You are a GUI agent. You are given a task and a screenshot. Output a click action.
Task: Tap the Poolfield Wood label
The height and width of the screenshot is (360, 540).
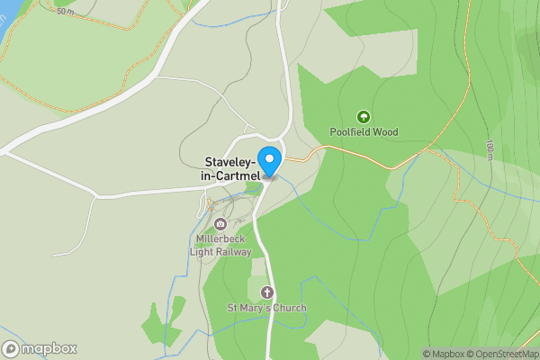pos(364,132)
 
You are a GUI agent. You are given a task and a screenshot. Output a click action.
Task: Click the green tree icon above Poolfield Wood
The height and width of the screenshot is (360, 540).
pos(364,117)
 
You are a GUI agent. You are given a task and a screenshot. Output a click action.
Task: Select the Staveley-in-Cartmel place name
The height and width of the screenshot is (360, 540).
pos(230,168)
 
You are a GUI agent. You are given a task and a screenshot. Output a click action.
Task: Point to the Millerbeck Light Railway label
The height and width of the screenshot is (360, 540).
pos(220,245)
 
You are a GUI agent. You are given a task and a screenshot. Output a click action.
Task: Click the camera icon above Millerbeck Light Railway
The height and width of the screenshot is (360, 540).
pos(220,224)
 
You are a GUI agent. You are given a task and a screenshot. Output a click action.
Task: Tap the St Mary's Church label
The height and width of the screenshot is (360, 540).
pos(266,308)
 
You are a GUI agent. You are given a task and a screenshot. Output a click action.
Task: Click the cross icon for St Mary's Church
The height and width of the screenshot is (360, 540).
pos(266,292)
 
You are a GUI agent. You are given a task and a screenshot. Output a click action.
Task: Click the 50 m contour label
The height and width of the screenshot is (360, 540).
pos(65,12)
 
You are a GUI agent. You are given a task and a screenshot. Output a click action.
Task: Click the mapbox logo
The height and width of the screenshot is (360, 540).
pos(40,349)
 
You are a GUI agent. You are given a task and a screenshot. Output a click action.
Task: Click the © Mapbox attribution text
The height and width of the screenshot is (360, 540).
pos(446,354)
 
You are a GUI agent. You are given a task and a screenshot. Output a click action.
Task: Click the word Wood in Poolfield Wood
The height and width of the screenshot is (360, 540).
pos(383,132)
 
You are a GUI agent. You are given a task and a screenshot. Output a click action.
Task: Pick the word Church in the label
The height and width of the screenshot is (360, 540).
pos(289,308)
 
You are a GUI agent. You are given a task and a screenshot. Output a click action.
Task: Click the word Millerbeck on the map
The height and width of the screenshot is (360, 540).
pos(220,239)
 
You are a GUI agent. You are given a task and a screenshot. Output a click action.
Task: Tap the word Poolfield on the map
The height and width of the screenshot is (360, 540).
pos(350,132)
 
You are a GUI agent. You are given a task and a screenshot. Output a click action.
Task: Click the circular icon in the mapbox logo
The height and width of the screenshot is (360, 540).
pos(12,349)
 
